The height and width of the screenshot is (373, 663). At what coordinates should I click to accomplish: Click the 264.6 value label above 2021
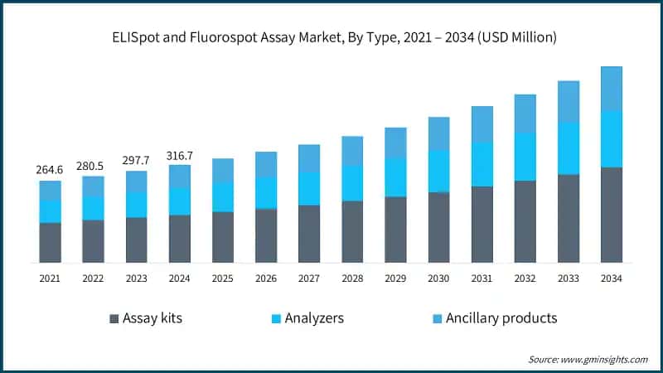[50, 170]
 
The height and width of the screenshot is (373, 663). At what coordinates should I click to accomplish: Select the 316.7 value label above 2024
[179, 155]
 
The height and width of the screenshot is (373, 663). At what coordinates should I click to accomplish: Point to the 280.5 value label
[93, 166]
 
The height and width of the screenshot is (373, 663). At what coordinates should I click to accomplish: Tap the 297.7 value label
[136, 161]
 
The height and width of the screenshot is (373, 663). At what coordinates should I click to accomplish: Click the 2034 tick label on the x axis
[611, 279]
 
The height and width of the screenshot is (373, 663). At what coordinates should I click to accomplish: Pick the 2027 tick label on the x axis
[308, 279]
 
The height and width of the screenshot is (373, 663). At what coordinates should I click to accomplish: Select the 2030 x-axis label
[438, 279]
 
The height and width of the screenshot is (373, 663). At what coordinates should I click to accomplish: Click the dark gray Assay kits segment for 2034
[611, 215]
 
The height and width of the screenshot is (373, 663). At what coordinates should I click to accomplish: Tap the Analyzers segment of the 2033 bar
[568, 148]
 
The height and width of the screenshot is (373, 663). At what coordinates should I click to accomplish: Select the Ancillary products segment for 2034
[611, 89]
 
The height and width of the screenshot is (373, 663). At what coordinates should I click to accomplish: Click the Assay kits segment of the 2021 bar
[50, 242]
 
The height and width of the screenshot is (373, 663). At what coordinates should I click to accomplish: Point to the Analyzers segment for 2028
[352, 182]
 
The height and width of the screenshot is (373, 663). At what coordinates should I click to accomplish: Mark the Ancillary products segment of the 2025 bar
[222, 170]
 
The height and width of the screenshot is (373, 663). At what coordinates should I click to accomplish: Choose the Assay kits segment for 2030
[438, 227]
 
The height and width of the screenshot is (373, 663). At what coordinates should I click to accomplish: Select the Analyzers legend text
[315, 318]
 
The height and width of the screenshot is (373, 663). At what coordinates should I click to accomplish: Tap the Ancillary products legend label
[501, 318]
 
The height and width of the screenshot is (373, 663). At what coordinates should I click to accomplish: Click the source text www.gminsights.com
[603, 359]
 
